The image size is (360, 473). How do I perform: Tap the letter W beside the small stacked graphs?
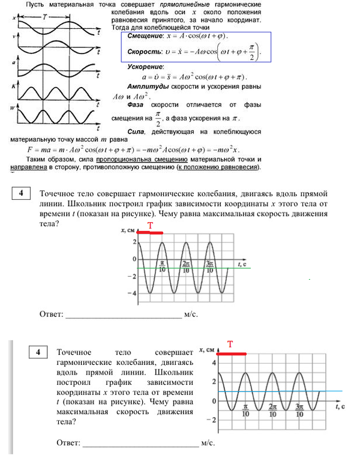[13, 109]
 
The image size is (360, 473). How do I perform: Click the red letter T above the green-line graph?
[151, 225]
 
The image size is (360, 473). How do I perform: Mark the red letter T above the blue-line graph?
[230, 345]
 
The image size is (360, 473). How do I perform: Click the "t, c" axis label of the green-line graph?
[242, 264]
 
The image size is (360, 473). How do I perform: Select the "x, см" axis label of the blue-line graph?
[205, 349]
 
